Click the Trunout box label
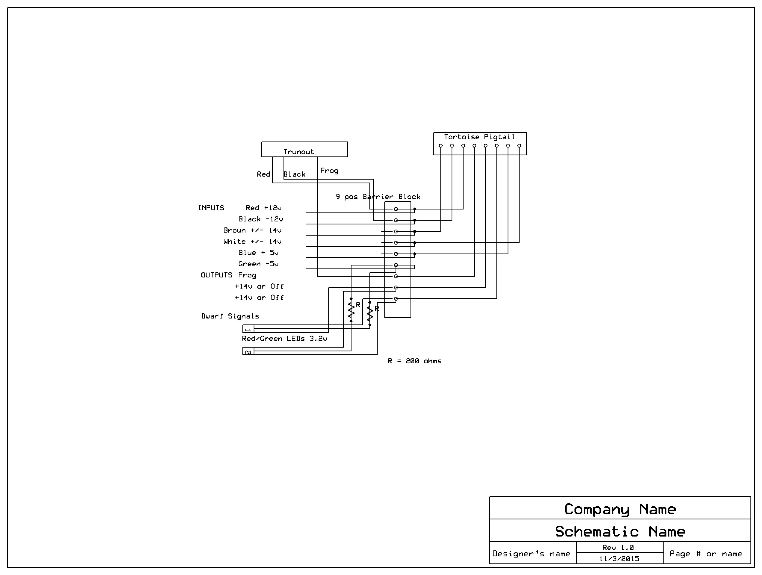[x=298, y=152]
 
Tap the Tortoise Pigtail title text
[x=479, y=137]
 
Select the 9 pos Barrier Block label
[x=378, y=197]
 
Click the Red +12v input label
[x=263, y=208]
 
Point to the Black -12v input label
[x=261, y=219]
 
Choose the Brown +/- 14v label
[x=253, y=230]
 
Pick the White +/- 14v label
[x=253, y=241]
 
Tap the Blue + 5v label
[x=258, y=252]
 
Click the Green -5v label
[x=258, y=264]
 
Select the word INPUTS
[x=211, y=208]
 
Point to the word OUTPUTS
[x=217, y=275]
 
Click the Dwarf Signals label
[x=230, y=316]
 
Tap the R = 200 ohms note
[x=415, y=361]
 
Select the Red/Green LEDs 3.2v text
[x=285, y=339]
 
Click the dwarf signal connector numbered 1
[x=248, y=329]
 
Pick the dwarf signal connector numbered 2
[x=248, y=351]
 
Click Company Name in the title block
[x=620, y=509]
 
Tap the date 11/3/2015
[x=619, y=559]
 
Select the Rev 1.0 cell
[x=620, y=547]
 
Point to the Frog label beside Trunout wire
[x=329, y=170]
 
